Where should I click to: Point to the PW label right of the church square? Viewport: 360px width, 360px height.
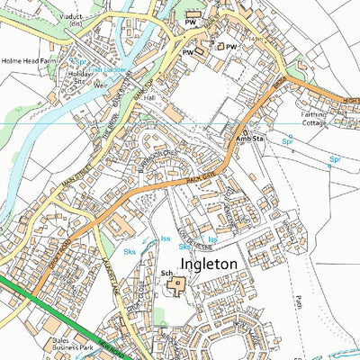tap(231, 47)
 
